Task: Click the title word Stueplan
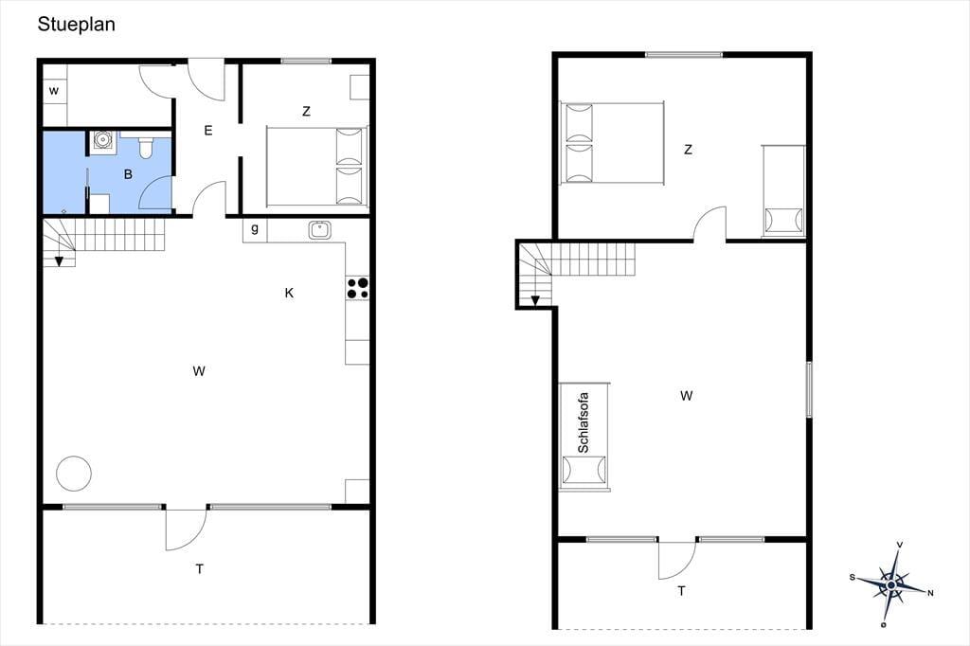76,24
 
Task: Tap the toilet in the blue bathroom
145,147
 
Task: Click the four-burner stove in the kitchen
357,288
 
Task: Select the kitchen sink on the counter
320,230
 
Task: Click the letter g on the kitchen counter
255,229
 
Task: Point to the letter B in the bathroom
128,174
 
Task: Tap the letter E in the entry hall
207,131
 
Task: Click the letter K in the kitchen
289,293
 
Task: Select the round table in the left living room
74,474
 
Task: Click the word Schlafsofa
583,422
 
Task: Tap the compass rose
890,584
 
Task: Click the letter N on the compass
930,593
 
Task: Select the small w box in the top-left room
54,91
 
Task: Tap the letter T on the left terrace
199,568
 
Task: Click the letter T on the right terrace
681,591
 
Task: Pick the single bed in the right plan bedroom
783,191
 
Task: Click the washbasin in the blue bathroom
101,140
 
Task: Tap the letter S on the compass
853,577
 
